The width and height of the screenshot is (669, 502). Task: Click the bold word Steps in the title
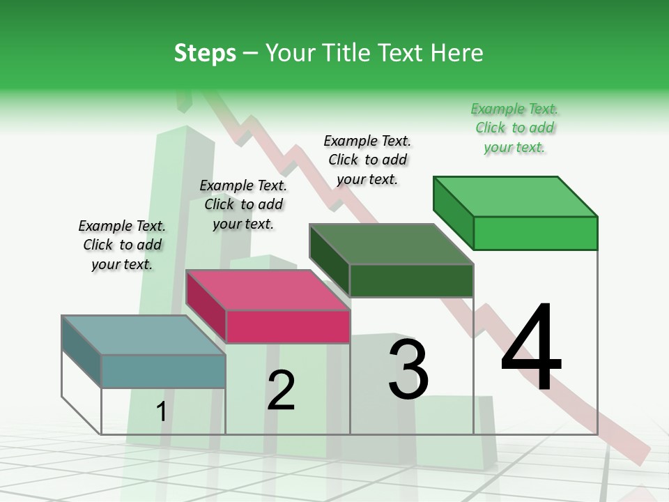(205, 53)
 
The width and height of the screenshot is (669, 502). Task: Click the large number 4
(531, 347)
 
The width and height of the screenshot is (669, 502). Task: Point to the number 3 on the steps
(408, 370)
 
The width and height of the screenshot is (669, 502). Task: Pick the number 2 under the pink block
(281, 390)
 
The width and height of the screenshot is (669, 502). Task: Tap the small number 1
(162, 412)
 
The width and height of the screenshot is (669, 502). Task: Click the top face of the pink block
(268, 290)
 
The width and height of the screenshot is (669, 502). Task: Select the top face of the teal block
(144, 335)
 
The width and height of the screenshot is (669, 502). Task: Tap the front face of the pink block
(288, 326)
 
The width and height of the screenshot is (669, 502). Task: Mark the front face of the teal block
(163, 371)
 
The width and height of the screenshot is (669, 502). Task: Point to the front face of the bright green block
(535, 233)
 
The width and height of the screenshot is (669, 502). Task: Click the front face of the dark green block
(411, 280)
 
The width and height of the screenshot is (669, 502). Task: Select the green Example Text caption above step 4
(514, 128)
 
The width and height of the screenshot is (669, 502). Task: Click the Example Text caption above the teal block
(122, 245)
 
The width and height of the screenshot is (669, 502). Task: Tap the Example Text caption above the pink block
(243, 204)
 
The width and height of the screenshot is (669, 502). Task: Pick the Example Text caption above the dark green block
(367, 160)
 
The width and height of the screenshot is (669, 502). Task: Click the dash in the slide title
(251, 54)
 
